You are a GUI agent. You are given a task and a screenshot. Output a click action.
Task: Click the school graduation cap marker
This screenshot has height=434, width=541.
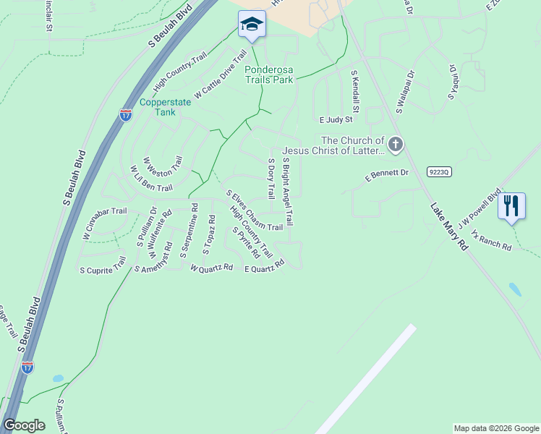(x=252, y=25)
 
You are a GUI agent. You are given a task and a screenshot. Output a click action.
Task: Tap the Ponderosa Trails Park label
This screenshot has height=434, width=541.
(x=269, y=75)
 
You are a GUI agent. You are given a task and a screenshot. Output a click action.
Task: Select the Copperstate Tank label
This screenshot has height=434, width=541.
(x=165, y=107)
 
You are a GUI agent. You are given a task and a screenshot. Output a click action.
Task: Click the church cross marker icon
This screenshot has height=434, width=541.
(x=395, y=145)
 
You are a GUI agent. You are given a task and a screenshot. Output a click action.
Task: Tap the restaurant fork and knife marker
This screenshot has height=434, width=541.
(x=511, y=205)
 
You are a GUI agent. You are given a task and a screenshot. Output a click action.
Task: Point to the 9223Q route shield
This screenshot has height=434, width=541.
(x=439, y=171)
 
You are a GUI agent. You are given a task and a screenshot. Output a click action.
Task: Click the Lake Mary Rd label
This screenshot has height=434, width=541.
(x=449, y=226)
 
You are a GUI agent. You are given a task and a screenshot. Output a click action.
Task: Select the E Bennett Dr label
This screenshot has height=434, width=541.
(x=387, y=174)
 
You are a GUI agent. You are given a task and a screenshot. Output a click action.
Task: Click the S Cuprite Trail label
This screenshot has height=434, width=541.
(x=103, y=270)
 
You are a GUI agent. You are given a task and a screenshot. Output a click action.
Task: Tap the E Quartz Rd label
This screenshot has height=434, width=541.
(x=264, y=267)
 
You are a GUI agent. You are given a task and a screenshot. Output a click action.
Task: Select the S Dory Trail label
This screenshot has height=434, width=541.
(x=271, y=179)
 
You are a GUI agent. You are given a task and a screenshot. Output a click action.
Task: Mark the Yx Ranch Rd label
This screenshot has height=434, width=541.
(x=491, y=241)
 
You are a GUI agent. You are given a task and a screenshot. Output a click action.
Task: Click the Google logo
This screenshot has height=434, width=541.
(x=24, y=425)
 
